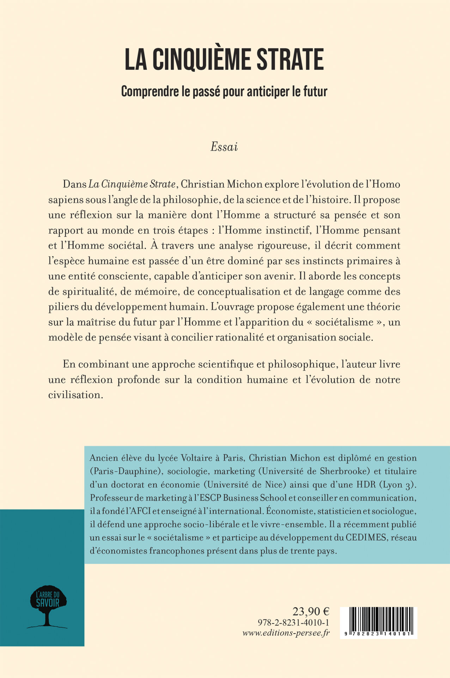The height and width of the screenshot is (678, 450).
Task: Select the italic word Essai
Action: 224,147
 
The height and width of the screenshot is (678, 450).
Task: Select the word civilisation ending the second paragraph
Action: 75,395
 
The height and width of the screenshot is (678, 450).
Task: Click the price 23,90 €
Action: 311,611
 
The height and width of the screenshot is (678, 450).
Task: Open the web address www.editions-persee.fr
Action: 286,632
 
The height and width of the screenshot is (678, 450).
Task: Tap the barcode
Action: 378,623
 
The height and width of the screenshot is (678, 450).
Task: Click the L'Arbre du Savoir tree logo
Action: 47,606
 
